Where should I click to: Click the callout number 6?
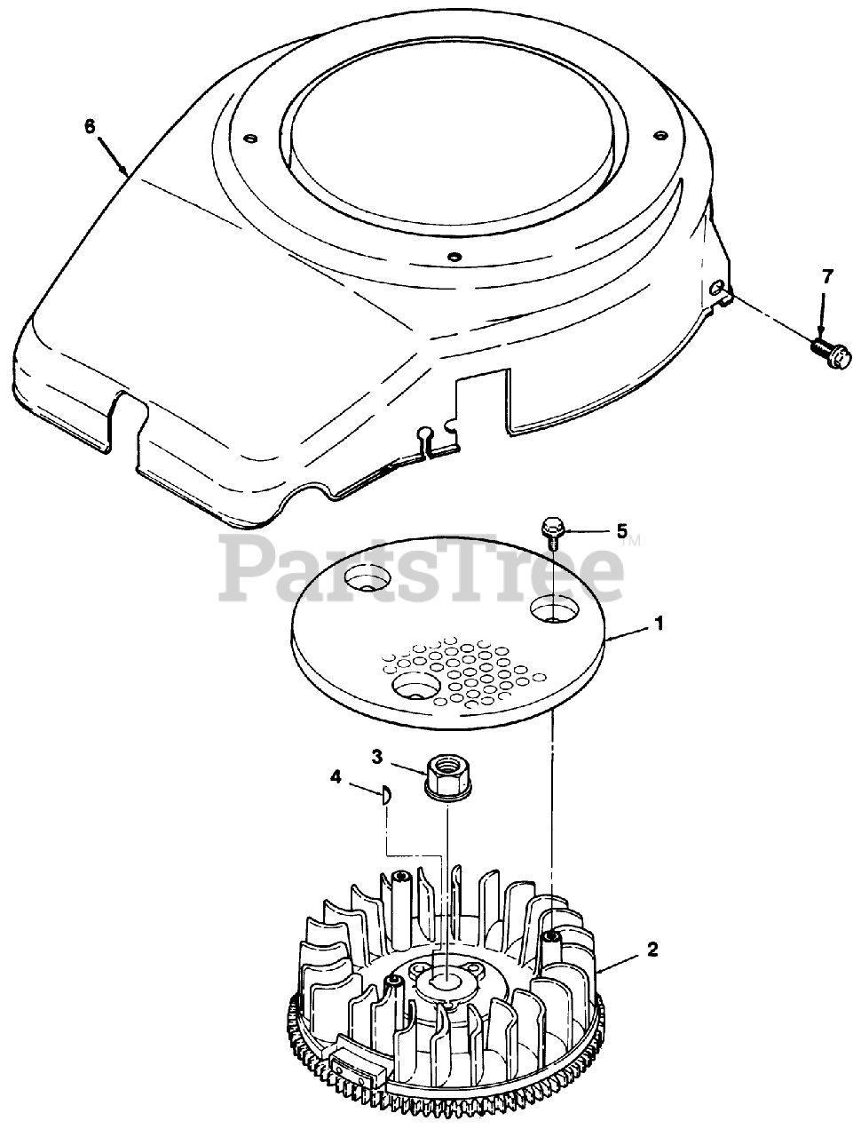click(90, 127)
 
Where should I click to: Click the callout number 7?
click(827, 277)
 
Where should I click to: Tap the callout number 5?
click(621, 531)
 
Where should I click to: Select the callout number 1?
click(659, 624)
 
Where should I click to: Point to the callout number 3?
click(377, 757)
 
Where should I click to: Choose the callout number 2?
click(652, 950)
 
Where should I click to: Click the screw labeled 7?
click(831, 354)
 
